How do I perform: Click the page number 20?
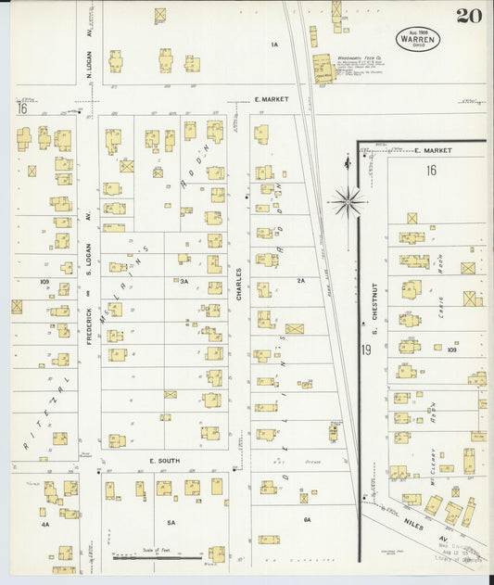[468, 16]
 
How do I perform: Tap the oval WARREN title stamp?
[418, 39]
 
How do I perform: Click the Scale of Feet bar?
[158, 558]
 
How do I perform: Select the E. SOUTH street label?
[163, 460]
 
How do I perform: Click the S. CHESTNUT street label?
[376, 315]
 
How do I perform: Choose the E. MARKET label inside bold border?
[431, 149]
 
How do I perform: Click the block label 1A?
[274, 45]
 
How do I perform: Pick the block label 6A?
[307, 520]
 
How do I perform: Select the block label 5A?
[171, 523]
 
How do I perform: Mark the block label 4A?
[44, 524]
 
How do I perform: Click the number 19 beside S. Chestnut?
[366, 350]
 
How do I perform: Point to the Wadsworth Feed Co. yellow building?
[323, 69]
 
